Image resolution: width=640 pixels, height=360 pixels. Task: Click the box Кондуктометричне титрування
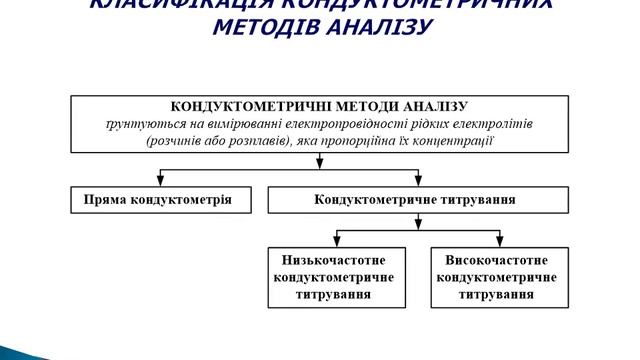tap(415, 200)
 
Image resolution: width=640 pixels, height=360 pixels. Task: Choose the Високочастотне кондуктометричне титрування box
tap(494, 276)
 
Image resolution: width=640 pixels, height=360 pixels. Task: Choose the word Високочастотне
tap(494, 259)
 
